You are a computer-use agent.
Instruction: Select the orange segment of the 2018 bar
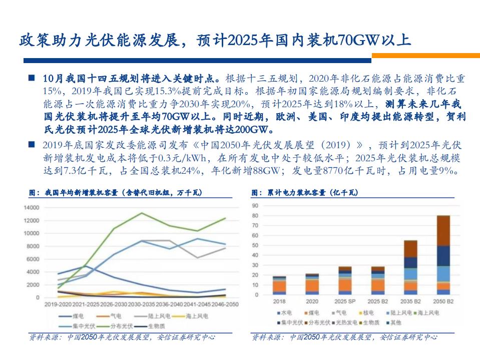[280, 285]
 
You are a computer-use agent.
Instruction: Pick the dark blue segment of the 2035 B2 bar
[410, 262]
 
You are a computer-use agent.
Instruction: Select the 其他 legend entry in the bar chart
[395, 322]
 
